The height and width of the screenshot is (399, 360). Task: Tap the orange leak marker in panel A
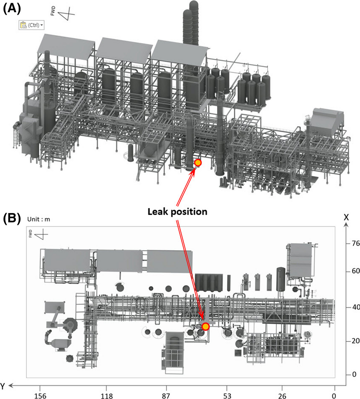coord(198,163)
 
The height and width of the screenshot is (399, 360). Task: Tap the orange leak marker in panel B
coord(205,326)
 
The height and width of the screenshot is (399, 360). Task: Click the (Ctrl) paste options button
coord(31,25)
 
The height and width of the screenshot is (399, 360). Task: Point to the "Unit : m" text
coord(38,219)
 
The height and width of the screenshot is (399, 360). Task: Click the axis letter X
coord(346,217)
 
